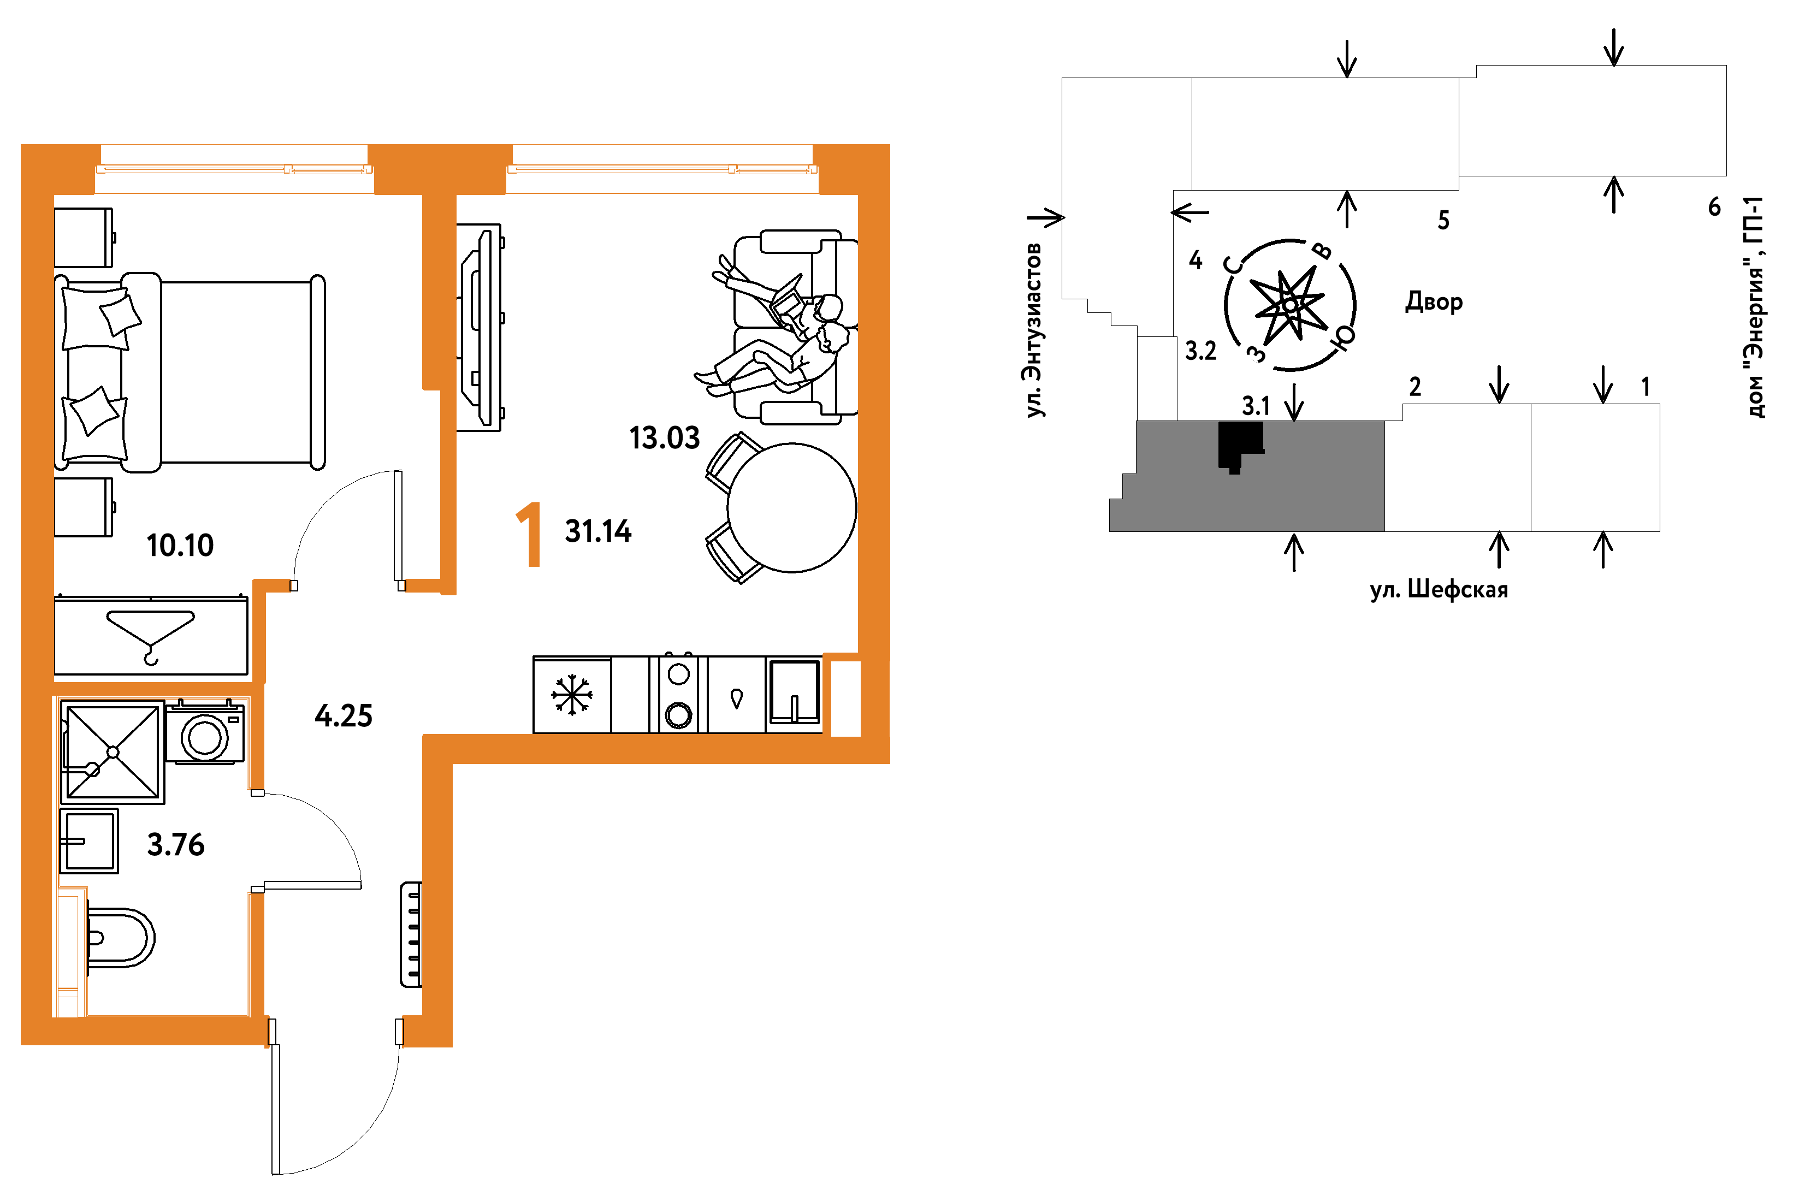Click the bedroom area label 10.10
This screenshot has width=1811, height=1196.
tap(180, 546)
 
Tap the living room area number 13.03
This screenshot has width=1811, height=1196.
tap(665, 439)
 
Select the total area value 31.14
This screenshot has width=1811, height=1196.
tap(598, 531)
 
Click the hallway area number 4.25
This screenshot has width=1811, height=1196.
tap(344, 716)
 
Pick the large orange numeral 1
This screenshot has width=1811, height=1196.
tap(531, 535)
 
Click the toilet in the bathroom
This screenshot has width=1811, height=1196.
tap(120, 938)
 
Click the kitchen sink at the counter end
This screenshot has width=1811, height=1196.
tap(794, 692)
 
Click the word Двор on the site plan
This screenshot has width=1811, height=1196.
tap(1434, 303)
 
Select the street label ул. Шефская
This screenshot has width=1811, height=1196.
tap(1439, 590)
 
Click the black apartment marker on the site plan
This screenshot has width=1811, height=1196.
tap(1240, 446)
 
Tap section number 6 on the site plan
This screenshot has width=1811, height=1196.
tap(1715, 207)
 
